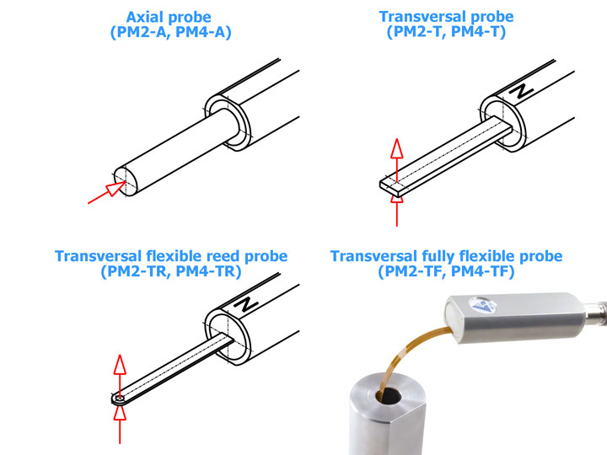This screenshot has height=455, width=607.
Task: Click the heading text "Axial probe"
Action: (x=169, y=18)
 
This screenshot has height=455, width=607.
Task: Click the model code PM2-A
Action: (x=141, y=32)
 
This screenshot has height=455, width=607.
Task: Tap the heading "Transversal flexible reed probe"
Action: (x=171, y=256)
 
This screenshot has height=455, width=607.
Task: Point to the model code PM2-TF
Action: (x=410, y=271)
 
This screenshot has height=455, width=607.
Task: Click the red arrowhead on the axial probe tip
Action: (x=115, y=189)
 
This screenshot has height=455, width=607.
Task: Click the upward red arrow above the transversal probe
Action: (x=397, y=159)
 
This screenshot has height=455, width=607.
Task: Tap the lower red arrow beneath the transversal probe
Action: (x=397, y=211)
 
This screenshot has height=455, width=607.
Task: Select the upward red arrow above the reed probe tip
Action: (x=120, y=376)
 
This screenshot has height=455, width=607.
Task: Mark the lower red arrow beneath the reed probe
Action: (x=120, y=425)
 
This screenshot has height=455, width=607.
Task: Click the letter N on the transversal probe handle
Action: (x=521, y=92)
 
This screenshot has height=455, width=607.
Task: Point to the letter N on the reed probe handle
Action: (x=245, y=304)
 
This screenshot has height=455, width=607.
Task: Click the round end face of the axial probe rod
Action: (x=126, y=181)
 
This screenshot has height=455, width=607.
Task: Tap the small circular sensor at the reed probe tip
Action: (x=119, y=399)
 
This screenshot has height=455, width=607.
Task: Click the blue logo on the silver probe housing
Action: (x=482, y=304)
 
